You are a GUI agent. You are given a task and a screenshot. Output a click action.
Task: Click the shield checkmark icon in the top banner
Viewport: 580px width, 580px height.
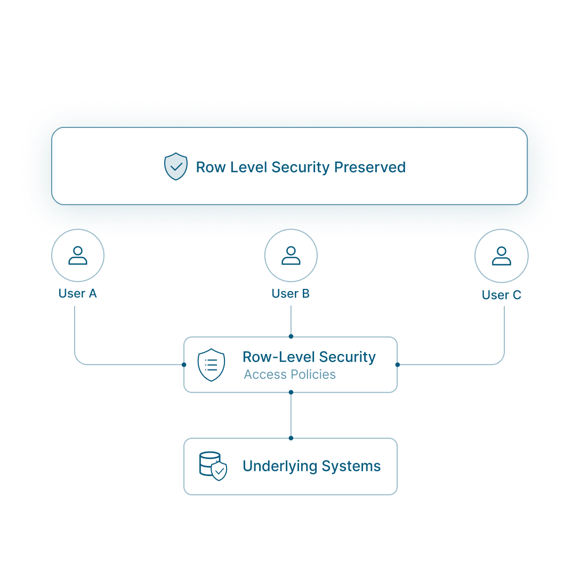tap(175, 166)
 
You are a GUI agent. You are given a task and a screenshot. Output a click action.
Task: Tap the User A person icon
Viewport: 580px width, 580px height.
tap(78, 256)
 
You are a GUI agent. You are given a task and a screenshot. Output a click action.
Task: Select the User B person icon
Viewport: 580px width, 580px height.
tap(291, 256)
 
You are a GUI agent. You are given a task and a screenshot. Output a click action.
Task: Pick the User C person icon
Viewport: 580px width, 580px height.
tap(501, 256)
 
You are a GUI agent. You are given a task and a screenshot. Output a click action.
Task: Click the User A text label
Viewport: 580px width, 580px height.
tap(78, 294)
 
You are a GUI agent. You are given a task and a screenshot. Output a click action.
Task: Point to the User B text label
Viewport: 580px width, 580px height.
tap(291, 294)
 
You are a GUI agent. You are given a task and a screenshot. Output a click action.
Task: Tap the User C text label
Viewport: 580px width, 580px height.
tap(501, 295)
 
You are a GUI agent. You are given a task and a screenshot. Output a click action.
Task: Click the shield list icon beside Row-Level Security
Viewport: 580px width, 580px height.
tap(211, 365)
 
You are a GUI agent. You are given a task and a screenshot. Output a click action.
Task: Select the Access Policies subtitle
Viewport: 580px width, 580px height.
tap(289, 375)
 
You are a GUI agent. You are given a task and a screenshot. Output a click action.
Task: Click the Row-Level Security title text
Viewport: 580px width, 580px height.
tap(309, 357)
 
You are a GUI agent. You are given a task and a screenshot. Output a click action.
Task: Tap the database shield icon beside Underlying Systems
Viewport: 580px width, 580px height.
tap(213, 466)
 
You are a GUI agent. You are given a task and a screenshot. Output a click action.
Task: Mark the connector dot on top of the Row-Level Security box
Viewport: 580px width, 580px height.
tap(291, 337)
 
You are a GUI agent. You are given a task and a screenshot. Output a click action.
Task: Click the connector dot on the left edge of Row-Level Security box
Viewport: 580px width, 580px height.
tap(184, 365)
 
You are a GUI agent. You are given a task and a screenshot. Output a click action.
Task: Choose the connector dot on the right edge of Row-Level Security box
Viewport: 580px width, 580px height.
tap(397, 365)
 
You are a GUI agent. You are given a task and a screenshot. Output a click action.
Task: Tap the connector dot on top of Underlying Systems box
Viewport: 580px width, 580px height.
tap(291, 438)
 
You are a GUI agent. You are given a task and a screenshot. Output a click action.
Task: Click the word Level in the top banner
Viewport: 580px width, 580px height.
tap(248, 167)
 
